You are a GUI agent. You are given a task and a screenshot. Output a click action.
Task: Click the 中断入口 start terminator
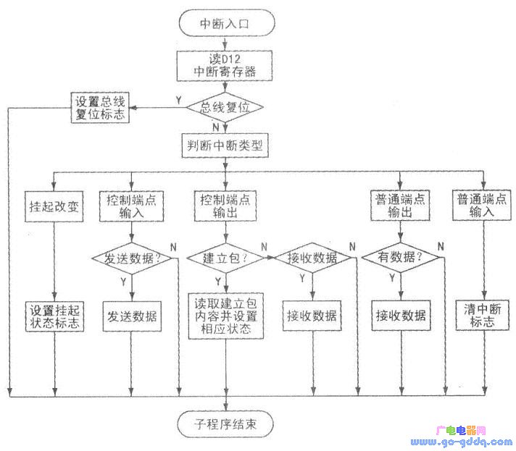225,24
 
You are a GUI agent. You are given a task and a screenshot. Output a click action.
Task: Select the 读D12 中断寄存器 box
225,64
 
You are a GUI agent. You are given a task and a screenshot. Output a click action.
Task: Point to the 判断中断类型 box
225,146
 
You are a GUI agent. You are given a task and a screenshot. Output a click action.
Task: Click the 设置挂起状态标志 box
55,316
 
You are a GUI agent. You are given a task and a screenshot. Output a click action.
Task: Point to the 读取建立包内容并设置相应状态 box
225,316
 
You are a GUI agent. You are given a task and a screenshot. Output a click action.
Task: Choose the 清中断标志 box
482,316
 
